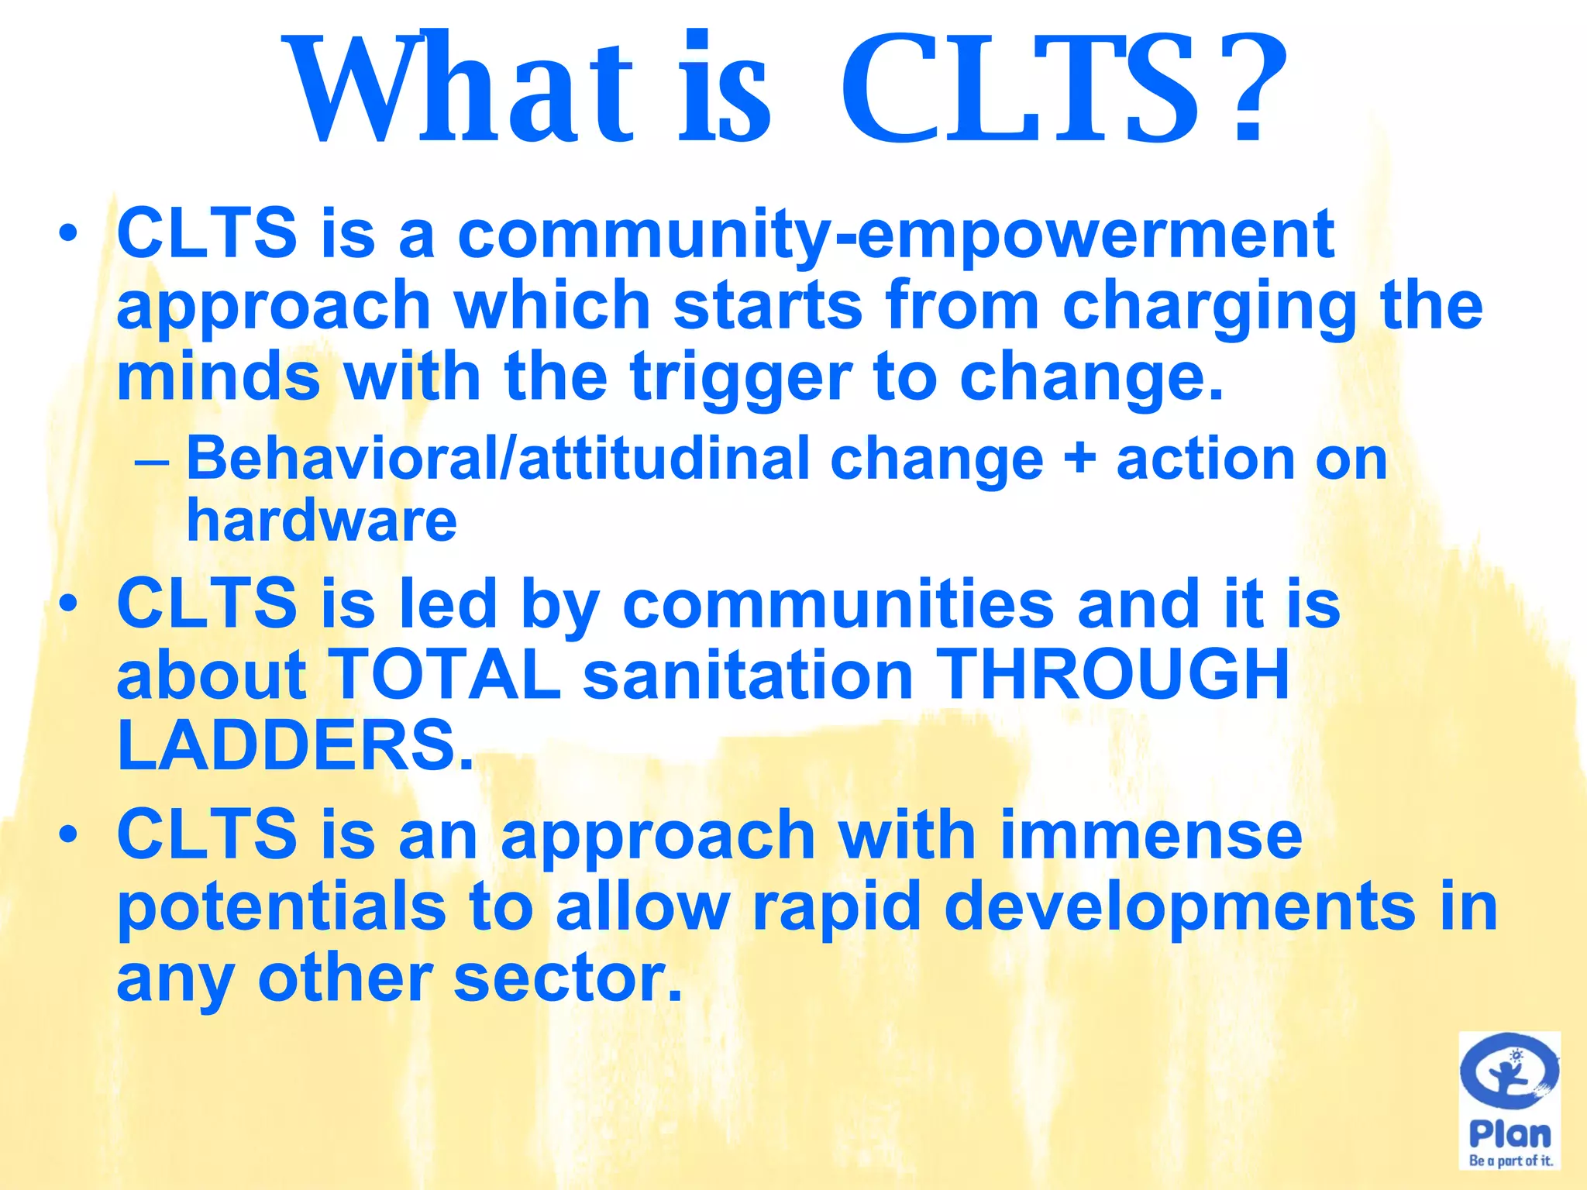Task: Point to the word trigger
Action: [x=741, y=378]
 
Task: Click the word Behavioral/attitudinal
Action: [x=496, y=459]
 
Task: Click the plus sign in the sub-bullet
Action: [x=1079, y=459]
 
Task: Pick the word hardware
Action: [x=322, y=521]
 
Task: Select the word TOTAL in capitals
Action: [x=446, y=675]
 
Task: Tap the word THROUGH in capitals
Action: [x=1113, y=675]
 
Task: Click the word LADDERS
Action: [x=294, y=745]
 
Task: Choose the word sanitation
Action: [x=748, y=675]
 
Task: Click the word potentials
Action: [x=281, y=908]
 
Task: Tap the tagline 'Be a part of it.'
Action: [x=1510, y=1161]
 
